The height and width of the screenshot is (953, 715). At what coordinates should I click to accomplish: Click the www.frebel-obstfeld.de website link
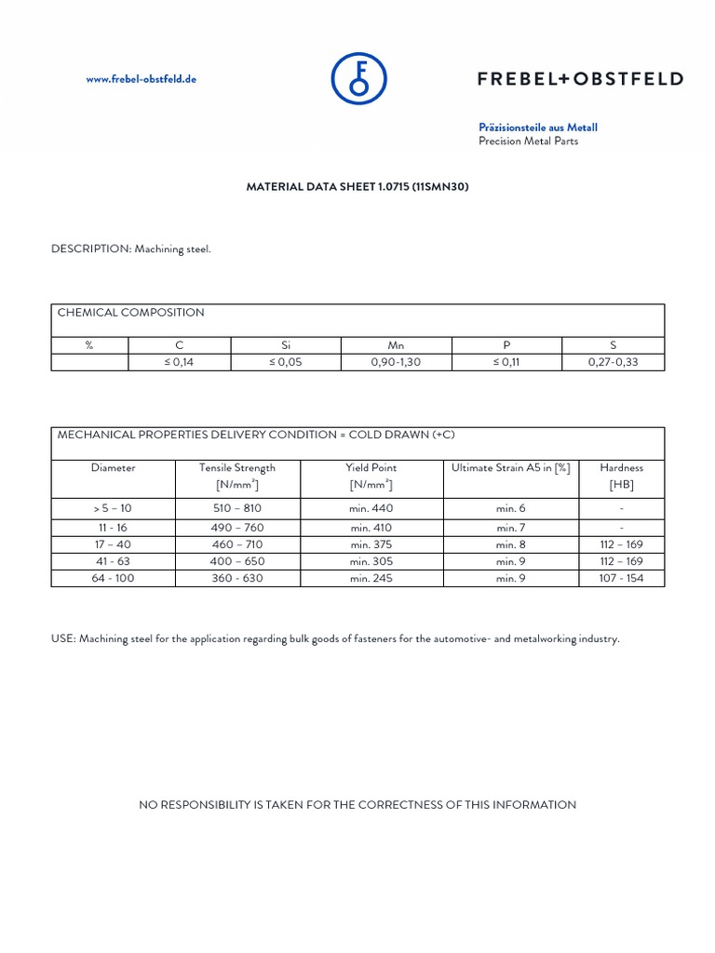click(x=142, y=79)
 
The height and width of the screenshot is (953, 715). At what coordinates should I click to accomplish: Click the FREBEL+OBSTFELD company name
click(x=580, y=79)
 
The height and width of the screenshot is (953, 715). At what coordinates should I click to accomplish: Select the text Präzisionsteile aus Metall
click(x=538, y=127)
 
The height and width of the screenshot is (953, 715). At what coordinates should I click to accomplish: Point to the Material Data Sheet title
click(x=357, y=187)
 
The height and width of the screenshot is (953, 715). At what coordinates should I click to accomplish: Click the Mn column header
click(x=396, y=344)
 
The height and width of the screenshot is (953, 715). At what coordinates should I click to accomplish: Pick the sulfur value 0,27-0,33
click(x=613, y=362)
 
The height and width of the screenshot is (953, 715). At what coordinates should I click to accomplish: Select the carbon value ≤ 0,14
click(x=180, y=362)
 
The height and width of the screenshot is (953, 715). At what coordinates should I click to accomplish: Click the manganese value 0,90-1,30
click(x=396, y=362)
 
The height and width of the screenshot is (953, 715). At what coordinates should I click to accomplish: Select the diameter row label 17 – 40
click(x=113, y=544)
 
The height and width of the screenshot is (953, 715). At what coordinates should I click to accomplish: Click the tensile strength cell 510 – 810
click(x=237, y=508)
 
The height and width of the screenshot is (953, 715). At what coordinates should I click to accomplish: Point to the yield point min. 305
click(x=371, y=561)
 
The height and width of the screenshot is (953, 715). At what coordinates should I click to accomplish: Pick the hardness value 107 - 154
click(x=621, y=578)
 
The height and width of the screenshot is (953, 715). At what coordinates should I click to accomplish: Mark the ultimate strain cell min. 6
click(x=510, y=508)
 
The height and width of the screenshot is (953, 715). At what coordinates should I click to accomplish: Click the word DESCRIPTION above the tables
click(x=91, y=249)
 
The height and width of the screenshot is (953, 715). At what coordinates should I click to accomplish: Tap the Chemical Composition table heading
click(x=131, y=313)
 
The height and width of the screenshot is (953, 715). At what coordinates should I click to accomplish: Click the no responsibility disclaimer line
click(x=357, y=804)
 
